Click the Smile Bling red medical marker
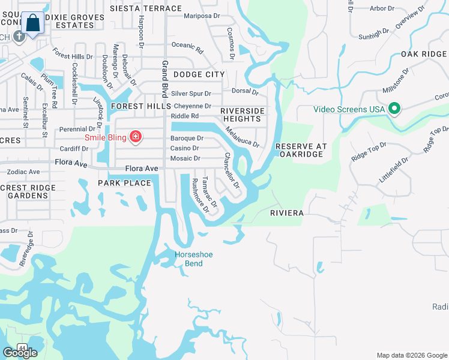coord(136,137)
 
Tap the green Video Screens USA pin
coord(394,109)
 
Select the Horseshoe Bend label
coord(193,259)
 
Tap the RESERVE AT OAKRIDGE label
coord(299,150)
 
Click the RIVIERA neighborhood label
coord(286,213)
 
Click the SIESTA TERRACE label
coord(145,9)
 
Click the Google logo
coord(19,353)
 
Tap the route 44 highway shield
coord(22,347)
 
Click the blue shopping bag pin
coord(36,25)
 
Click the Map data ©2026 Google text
coord(411,355)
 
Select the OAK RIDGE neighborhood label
coord(424,55)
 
